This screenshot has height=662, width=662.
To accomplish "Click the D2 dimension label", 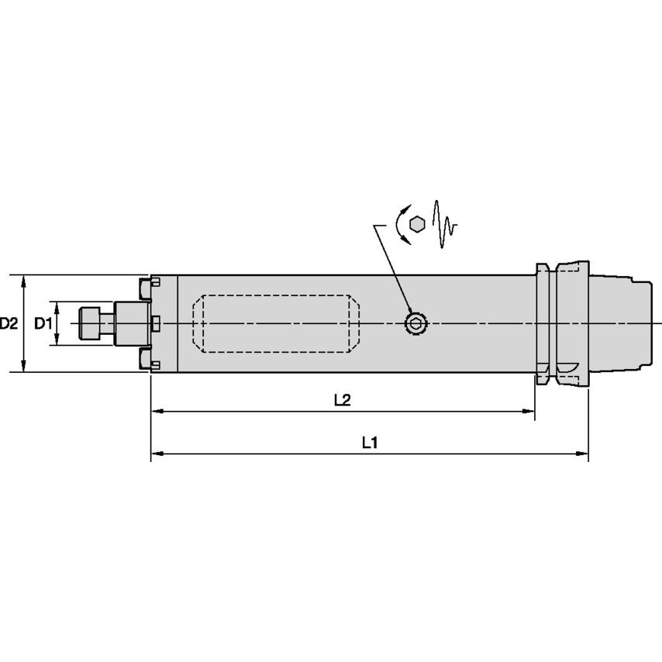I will (x=9, y=323).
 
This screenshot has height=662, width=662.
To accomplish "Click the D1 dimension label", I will (x=43, y=323).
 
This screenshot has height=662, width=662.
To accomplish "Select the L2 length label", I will (x=342, y=400).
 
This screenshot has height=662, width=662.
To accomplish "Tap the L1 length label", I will (x=370, y=443).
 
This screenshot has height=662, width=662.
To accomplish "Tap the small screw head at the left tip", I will (x=91, y=323).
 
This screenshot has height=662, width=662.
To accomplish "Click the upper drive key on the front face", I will (x=145, y=288).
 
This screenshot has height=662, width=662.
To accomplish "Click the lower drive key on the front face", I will (x=145, y=358).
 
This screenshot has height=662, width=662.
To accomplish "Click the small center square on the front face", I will (x=155, y=322).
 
